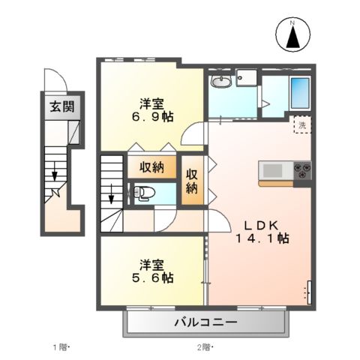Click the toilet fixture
pyautogui.click(x=142, y=193)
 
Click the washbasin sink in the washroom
pyautogui.click(x=220, y=82)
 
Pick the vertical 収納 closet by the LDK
pyautogui.click(x=193, y=180)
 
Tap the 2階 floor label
pyautogui.click(x=205, y=346)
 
